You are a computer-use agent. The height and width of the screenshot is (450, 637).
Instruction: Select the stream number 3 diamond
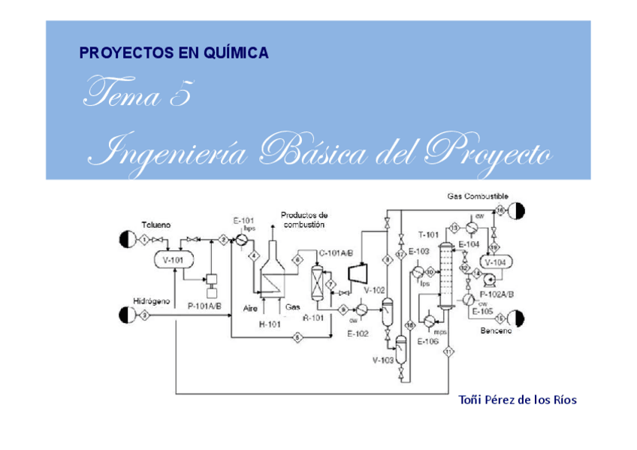(x=145, y=315)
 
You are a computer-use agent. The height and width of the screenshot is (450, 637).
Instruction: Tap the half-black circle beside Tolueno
(x=125, y=240)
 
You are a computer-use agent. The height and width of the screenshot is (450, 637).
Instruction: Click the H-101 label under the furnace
(x=268, y=325)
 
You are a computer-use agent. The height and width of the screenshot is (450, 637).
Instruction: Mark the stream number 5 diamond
(x=297, y=339)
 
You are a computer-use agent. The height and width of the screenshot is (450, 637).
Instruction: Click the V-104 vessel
(x=496, y=262)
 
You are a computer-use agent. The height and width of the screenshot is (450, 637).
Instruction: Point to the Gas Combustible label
(x=478, y=197)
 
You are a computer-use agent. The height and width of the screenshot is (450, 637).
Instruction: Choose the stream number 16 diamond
(x=500, y=210)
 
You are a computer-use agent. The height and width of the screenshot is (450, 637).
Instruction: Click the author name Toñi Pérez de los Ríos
(x=517, y=400)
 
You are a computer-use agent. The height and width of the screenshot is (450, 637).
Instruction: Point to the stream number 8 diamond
(x=387, y=260)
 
